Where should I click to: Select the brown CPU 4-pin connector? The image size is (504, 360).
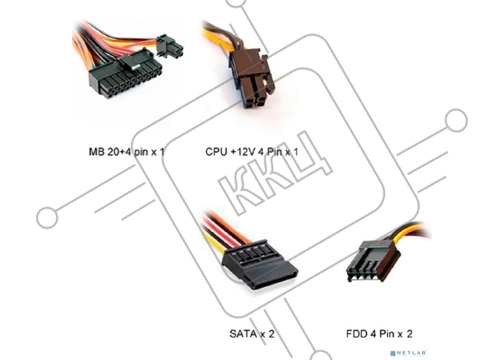[253, 78]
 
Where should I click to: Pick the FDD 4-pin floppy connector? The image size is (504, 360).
[374, 261]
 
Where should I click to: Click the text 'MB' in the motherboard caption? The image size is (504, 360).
[96, 152]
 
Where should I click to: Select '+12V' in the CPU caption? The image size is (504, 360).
[243, 152]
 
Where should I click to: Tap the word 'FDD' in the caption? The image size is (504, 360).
[357, 334]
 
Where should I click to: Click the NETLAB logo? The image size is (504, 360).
[408, 353]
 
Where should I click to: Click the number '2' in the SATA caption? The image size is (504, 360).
[271, 334]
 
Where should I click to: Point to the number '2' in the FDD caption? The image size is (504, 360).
[409, 334]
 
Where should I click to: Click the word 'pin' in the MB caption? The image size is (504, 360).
[142, 153]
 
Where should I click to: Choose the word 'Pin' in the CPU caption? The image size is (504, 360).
[274, 152]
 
